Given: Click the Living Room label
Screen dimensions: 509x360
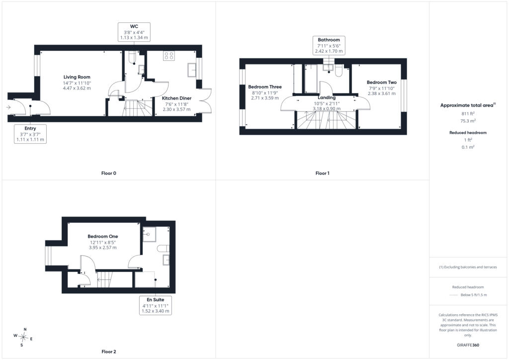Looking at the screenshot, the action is point(77,77).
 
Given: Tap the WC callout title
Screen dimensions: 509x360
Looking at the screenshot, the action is point(134,27).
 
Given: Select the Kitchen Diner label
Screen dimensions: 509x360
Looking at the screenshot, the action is point(176,98).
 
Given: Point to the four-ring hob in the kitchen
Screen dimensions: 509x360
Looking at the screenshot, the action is point(169,56).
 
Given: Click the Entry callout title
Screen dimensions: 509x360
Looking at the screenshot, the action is point(30,128).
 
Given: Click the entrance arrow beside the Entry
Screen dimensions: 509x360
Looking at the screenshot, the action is point(8,107).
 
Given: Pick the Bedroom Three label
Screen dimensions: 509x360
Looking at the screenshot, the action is point(265,87).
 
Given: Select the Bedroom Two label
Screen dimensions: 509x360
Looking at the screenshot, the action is point(382,83).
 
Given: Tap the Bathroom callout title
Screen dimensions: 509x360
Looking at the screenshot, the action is point(329,40).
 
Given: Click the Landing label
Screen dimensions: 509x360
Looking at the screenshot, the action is point(327,97).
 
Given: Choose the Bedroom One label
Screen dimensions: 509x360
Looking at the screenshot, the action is point(102,236).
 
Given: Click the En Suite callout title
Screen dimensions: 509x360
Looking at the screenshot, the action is point(156,300).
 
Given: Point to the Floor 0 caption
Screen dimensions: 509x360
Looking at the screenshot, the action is point(109,174).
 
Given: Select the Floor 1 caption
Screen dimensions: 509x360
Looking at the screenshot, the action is point(322,174).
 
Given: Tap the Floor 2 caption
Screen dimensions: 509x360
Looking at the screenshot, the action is point(109,352).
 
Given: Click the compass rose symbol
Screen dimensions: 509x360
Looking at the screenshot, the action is point(23,337).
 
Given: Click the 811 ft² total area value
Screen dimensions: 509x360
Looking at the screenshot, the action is point(468,113).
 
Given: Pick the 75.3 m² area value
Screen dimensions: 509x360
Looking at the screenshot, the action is point(468,121).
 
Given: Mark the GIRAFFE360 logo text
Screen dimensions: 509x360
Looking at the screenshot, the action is point(468,345).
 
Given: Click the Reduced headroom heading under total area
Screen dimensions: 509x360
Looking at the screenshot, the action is point(468,132).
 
